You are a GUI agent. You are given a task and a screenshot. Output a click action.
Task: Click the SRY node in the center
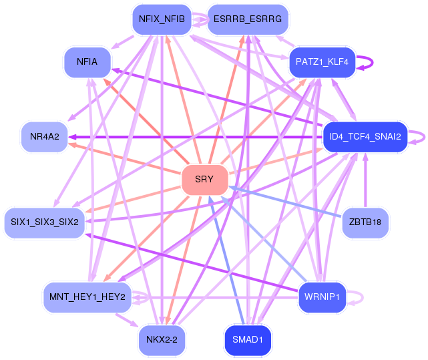(x=204, y=180)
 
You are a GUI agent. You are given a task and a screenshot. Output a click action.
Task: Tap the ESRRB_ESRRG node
(x=248, y=19)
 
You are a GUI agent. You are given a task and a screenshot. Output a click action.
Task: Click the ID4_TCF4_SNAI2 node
(x=365, y=137)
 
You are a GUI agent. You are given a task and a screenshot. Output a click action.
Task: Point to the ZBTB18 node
(x=365, y=222)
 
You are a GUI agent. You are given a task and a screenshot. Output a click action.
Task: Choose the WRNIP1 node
(x=322, y=297)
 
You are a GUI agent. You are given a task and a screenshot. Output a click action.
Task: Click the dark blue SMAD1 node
(x=248, y=340)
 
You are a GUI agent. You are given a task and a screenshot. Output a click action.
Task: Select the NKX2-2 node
(x=162, y=340)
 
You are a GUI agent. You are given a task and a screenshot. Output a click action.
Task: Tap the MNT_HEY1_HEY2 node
(x=87, y=297)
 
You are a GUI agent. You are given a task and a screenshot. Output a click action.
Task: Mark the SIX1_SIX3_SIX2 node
(x=45, y=222)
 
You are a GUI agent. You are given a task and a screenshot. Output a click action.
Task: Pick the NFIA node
(x=87, y=61)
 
